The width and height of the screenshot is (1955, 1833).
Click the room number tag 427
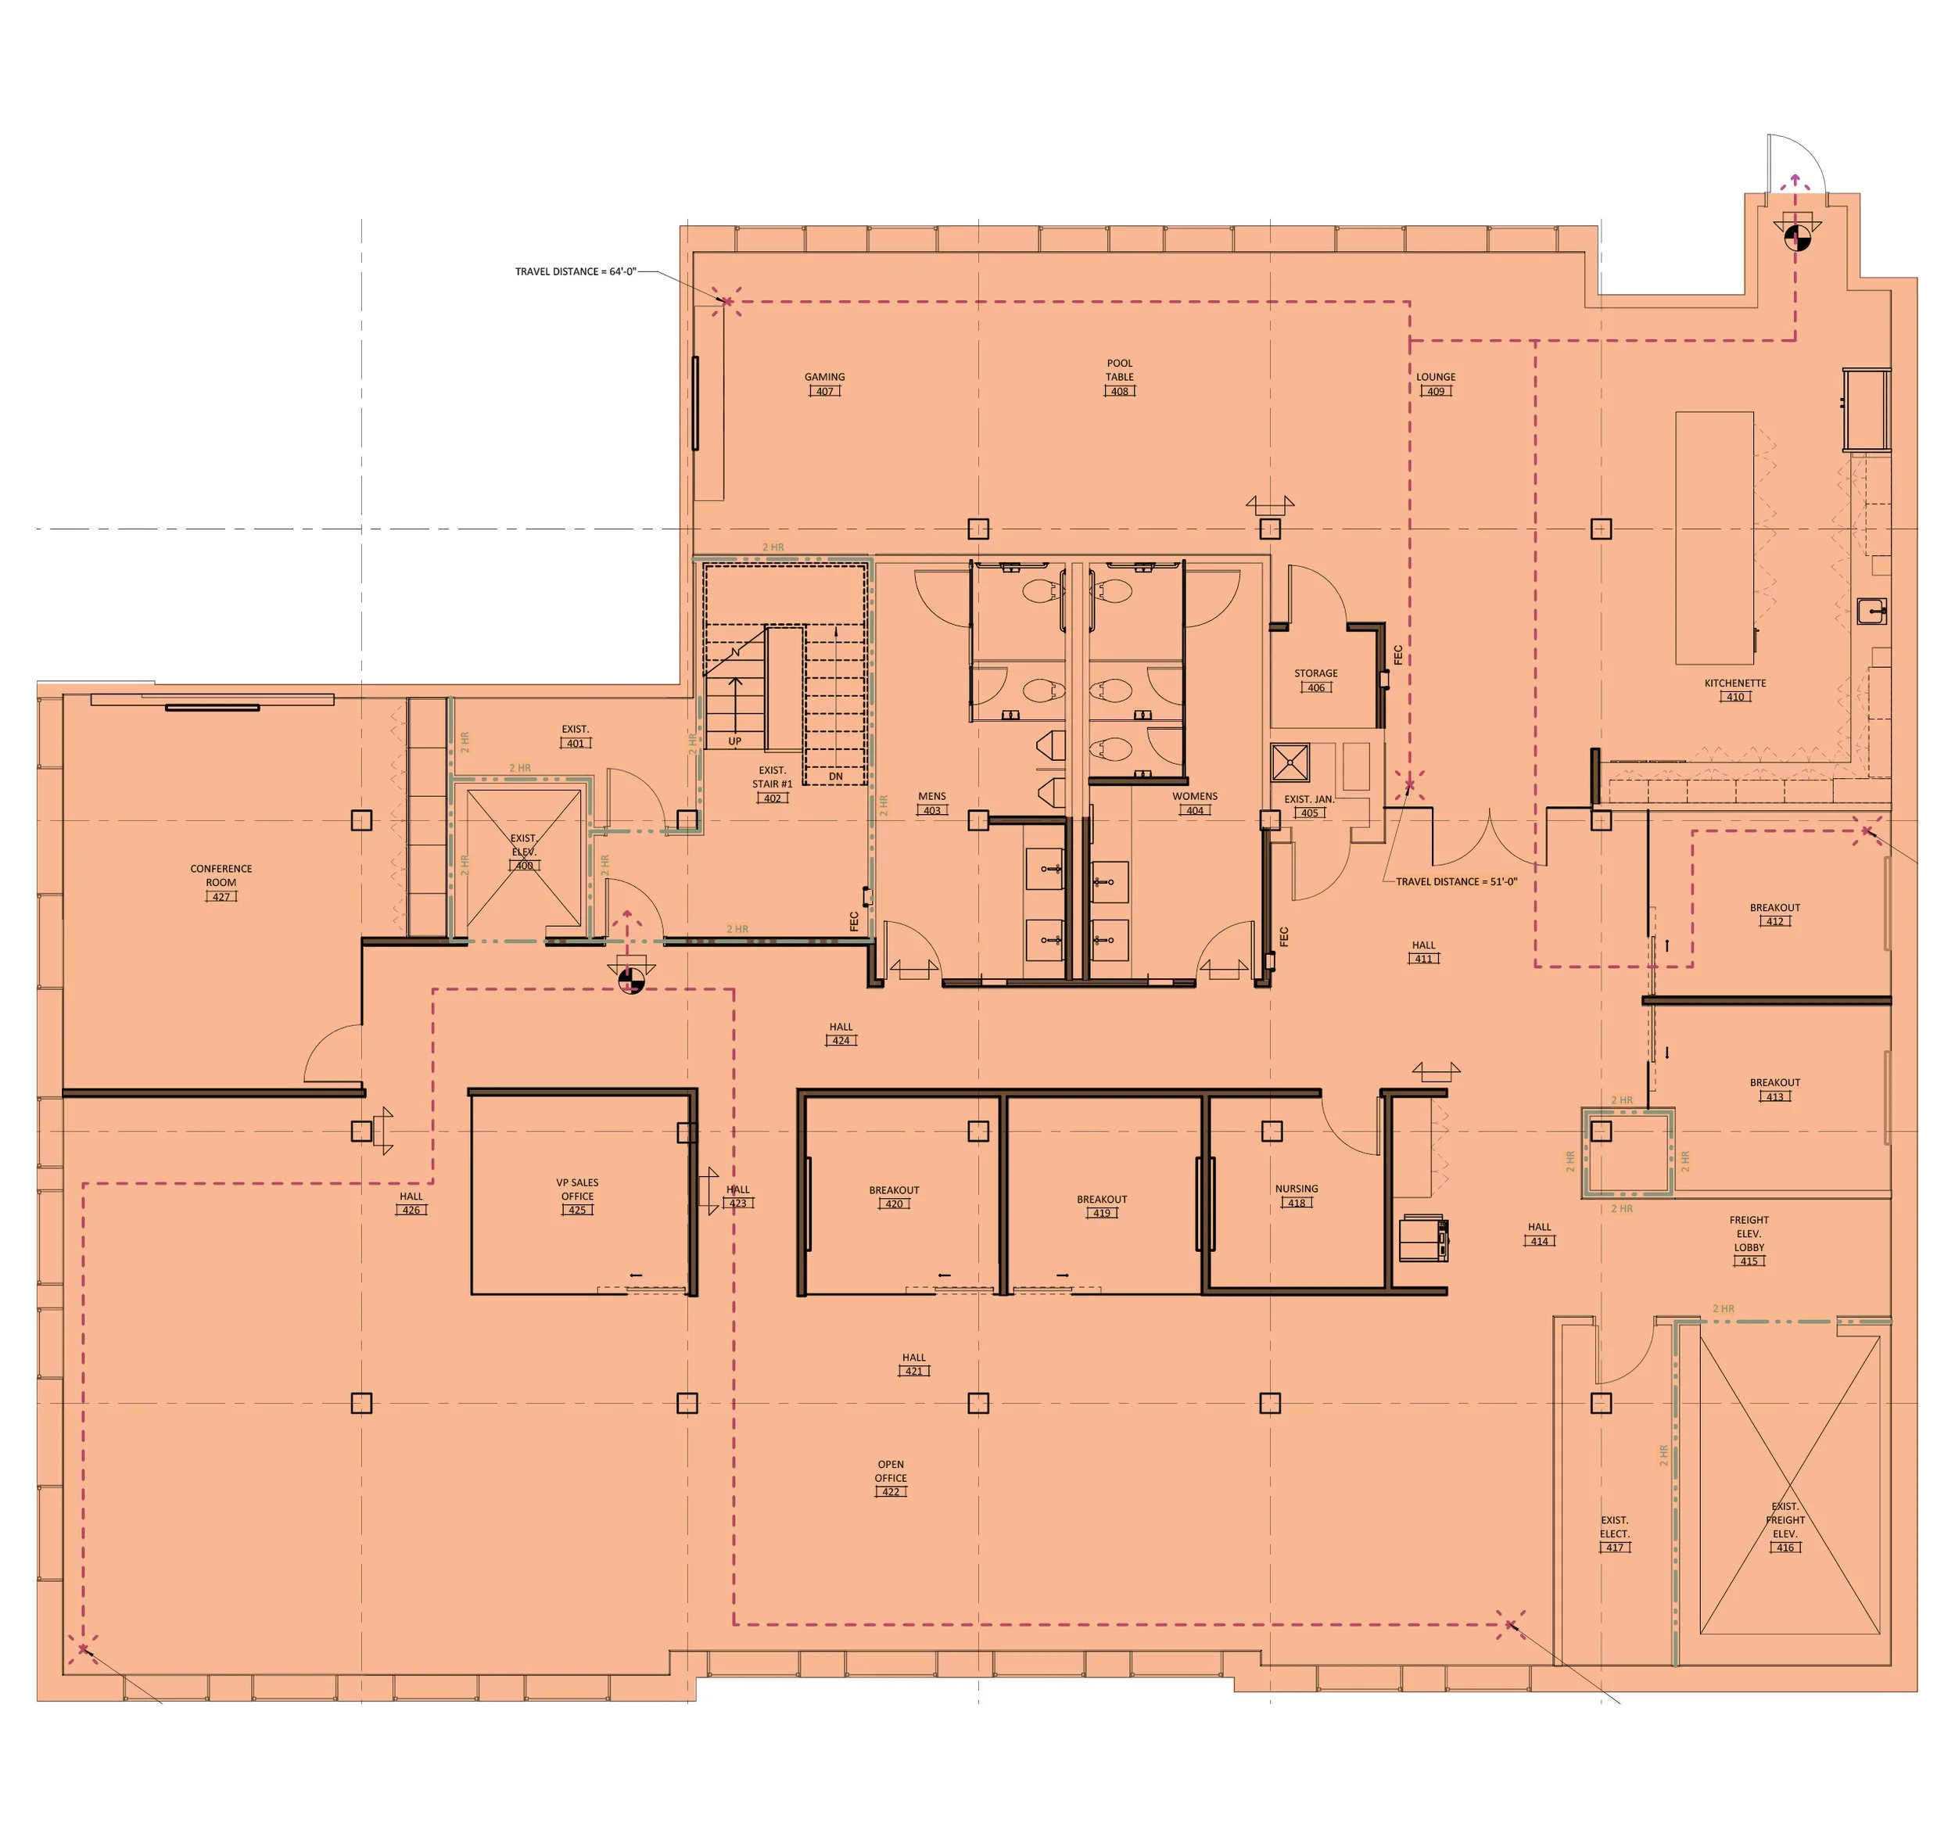tap(221, 897)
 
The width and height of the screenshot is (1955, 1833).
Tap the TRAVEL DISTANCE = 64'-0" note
tap(576, 271)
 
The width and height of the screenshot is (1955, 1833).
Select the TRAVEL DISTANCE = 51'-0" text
tap(1455, 882)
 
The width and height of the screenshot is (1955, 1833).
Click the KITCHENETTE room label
tap(1734, 683)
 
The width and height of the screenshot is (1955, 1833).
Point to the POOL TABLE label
tap(1119, 371)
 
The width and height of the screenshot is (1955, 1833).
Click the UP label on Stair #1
tap(734, 741)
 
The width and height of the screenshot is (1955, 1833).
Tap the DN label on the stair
tap(836, 776)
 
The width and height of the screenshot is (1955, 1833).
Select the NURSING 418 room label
tap(1296, 1196)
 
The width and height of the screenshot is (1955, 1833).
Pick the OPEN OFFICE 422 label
tap(890, 1478)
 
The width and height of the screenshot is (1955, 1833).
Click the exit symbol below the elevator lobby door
tap(631, 978)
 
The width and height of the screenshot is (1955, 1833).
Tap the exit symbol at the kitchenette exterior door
tap(1795, 236)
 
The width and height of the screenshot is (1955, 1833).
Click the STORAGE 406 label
tap(1316, 680)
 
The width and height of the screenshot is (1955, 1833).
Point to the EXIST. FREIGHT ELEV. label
tap(1785, 1520)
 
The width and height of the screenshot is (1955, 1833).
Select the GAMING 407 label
tap(824, 383)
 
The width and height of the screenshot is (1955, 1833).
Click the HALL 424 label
tap(841, 1032)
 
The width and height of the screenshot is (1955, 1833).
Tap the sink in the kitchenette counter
tap(1871, 611)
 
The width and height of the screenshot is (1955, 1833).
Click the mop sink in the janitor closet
tap(1290, 762)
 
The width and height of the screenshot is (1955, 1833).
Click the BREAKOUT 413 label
tap(1774, 1089)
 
